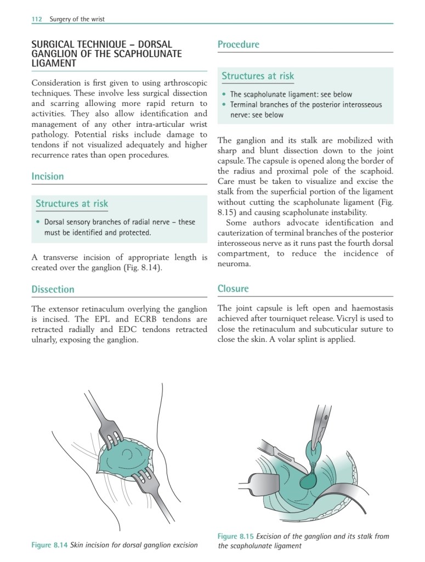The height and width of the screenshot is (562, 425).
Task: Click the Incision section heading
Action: point(48,176)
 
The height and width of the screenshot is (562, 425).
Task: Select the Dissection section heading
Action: point(53,289)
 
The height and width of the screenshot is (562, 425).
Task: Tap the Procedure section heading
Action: point(238,44)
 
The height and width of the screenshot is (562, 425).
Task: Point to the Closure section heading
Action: point(233,289)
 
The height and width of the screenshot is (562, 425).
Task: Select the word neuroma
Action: point(234,263)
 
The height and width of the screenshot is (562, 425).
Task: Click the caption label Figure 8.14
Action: point(49,545)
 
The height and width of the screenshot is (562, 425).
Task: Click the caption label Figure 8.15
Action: point(235,536)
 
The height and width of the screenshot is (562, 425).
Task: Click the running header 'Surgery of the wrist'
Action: point(77,19)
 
